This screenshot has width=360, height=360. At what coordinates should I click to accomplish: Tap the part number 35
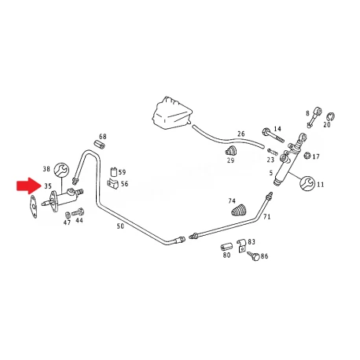pos(48,186)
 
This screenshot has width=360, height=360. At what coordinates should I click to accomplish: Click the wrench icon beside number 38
pos(61,170)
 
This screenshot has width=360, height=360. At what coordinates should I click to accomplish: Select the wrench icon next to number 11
pos(307,184)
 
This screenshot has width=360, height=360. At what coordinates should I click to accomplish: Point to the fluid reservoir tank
pos(172,113)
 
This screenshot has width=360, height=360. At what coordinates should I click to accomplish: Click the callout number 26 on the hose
pos(241,134)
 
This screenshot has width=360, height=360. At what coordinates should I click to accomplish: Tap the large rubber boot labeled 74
pos(239,211)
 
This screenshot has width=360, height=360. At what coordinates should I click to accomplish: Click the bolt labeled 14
pos(273,135)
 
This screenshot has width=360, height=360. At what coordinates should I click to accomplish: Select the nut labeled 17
pos(307,156)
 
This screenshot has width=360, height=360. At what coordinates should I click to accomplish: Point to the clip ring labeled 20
pos(331,116)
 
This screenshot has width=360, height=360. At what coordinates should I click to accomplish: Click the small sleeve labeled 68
pos(99,144)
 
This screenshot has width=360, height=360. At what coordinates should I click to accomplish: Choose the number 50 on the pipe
pos(120,226)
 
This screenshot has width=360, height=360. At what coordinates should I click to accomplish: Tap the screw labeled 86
pos(253,255)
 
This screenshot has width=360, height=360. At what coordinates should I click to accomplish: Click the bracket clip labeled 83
pos(241,245)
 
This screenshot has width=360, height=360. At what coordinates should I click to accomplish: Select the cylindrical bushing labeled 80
pos(226,247)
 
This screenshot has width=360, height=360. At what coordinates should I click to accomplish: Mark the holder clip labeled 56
pos(113,184)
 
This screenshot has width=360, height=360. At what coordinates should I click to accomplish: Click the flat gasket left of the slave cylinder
pos(34,207)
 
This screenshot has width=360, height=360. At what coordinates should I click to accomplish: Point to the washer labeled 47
pos(68,215)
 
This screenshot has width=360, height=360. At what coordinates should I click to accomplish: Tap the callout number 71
pos(267,217)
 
